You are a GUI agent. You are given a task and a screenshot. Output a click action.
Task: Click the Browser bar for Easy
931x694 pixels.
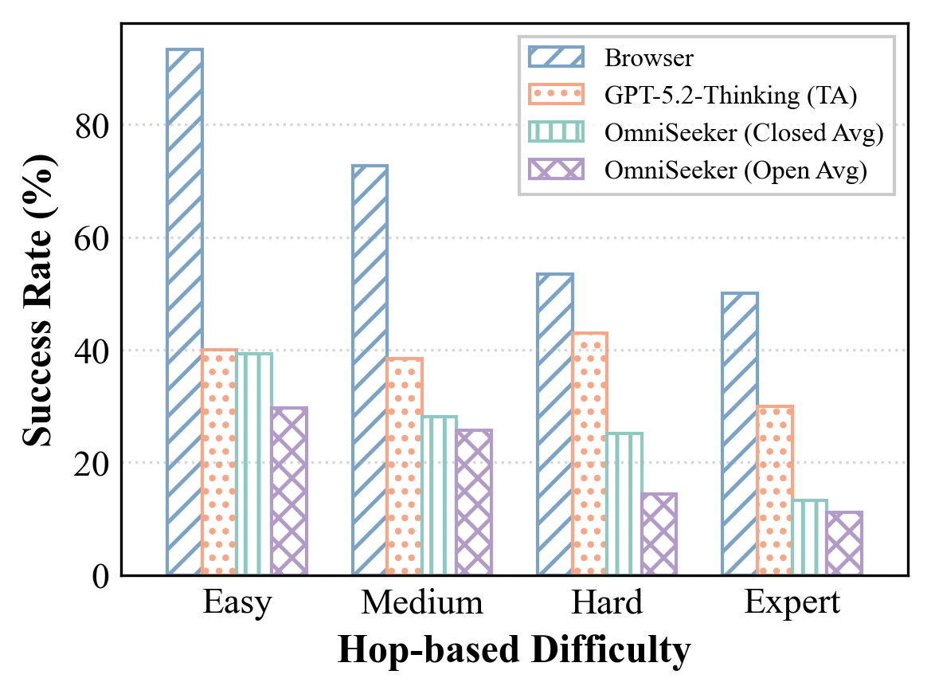[185, 312]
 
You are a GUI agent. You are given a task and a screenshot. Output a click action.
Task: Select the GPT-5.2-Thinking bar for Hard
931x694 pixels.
[590, 453]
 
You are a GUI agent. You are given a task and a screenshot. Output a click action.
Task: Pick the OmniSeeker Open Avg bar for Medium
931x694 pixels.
[474, 502]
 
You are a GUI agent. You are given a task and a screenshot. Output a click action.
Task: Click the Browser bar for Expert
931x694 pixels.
[740, 433]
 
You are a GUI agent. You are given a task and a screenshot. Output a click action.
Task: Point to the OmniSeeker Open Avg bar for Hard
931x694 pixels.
[659, 534]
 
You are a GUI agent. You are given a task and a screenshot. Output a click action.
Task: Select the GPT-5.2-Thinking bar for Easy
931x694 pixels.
[220, 462]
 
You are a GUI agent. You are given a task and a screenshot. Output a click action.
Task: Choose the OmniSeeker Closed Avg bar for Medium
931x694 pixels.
[439, 495]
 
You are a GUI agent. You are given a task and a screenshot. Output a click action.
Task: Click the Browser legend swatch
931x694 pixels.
[556, 58]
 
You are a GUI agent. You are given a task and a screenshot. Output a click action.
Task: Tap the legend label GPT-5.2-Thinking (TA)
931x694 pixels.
[730, 96]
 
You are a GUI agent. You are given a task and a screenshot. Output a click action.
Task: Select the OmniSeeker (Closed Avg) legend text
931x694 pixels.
[744, 133]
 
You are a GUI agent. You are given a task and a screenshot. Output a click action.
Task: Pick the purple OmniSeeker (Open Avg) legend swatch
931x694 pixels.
[556, 171]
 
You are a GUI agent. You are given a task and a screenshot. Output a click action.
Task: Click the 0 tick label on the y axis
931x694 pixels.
[100, 576]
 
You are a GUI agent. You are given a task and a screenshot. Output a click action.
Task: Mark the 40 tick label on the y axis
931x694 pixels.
[92, 351]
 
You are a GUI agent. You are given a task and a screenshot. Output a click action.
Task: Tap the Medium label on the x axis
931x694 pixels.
[422, 603]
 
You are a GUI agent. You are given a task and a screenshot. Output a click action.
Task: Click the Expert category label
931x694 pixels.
[792, 603]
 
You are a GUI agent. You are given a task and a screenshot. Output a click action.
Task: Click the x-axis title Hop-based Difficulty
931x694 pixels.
[514, 651]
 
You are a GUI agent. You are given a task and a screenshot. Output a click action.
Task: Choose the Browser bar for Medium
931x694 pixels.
[370, 371]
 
